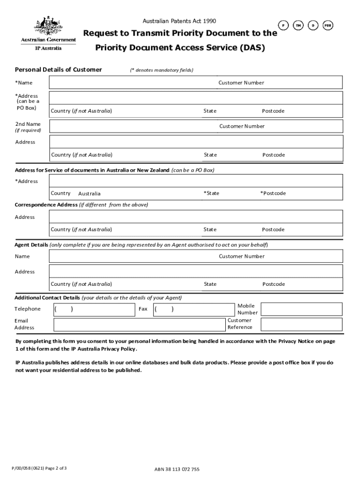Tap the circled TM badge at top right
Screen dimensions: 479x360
[298, 25]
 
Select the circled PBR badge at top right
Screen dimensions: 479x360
[329, 25]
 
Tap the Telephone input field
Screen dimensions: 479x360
[94, 309]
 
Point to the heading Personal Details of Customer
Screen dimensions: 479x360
[58, 70]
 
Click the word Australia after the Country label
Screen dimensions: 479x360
[89, 194]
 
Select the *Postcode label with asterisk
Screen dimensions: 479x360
[273, 193]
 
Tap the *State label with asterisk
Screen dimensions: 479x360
[211, 193]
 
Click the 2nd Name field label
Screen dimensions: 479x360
[28, 124]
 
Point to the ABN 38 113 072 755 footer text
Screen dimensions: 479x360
[177, 469]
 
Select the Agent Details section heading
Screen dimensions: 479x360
[31, 245]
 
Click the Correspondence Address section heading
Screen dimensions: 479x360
[46, 205]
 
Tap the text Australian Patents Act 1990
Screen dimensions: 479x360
[179, 21]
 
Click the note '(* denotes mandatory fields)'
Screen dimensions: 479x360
[162, 70]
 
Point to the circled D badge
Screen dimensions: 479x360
[313, 25]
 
